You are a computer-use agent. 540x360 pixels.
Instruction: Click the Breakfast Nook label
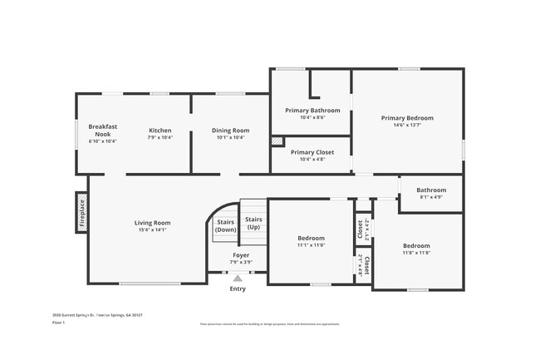click(103, 130)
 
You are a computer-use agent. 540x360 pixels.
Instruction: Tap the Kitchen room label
click(160, 131)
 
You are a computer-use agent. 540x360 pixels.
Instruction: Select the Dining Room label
click(230, 131)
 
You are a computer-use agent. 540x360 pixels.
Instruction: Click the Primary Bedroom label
click(407, 118)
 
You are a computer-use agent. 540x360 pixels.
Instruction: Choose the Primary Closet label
click(312, 152)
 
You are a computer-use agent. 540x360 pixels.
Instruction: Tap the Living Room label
click(153, 222)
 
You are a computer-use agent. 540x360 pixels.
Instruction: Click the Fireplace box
click(82, 212)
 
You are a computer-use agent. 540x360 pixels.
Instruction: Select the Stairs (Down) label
click(225, 225)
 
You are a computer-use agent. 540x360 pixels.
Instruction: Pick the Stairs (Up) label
click(253, 223)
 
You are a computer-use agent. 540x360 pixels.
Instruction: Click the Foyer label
click(241, 255)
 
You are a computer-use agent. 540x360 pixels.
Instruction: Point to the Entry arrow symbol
click(238, 279)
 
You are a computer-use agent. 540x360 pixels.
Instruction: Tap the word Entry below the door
click(238, 288)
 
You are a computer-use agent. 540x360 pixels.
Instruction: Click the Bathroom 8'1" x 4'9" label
click(431, 190)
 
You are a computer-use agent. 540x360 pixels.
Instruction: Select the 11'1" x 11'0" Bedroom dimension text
click(311, 245)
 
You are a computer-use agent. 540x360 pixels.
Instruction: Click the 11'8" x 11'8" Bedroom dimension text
click(416, 253)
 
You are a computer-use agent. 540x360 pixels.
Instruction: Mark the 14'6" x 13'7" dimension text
click(407, 126)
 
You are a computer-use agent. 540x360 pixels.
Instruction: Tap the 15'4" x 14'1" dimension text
click(153, 229)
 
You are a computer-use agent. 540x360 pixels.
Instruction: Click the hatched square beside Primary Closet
click(277, 141)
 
